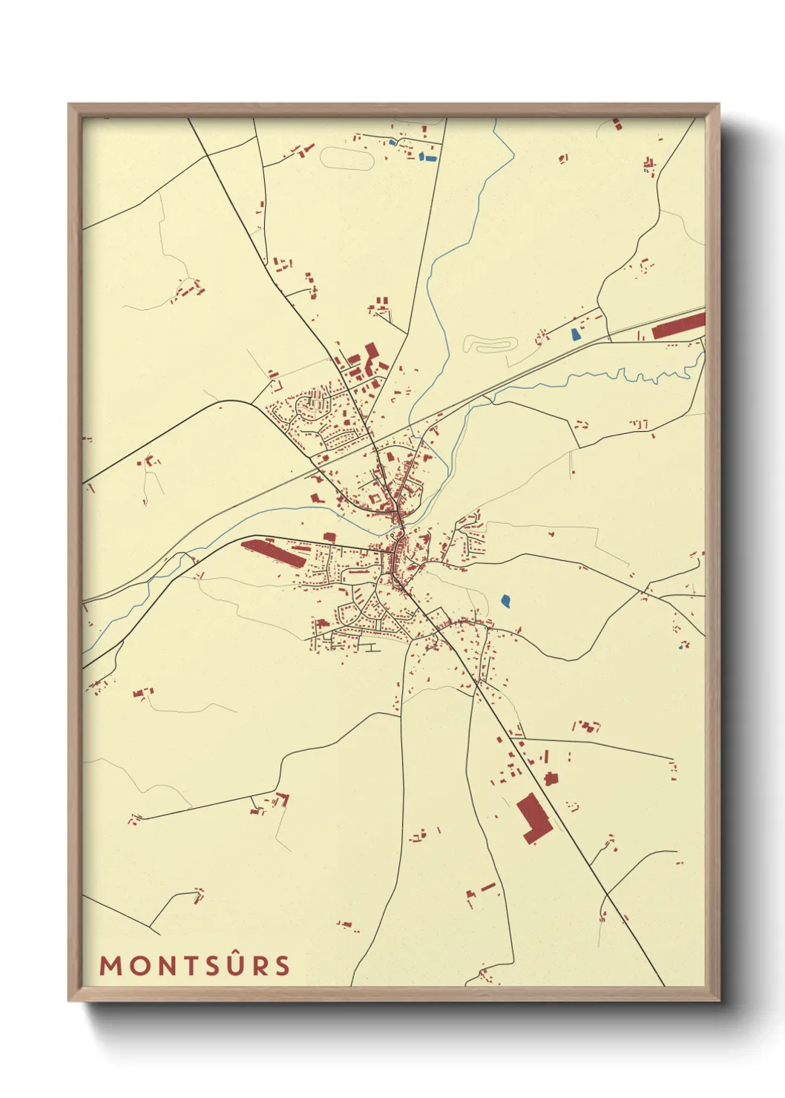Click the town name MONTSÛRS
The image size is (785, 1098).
(x=195, y=965)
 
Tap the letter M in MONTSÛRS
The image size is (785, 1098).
(x=110, y=965)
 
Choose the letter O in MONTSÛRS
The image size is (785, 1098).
(x=136, y=965)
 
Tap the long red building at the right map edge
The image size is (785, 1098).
(x=678, y=326)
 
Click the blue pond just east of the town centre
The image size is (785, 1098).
(x=505, y=600)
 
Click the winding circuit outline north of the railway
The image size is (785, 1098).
(x=490, y=344)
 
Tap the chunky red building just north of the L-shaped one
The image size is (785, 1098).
(x=550, y=778)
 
